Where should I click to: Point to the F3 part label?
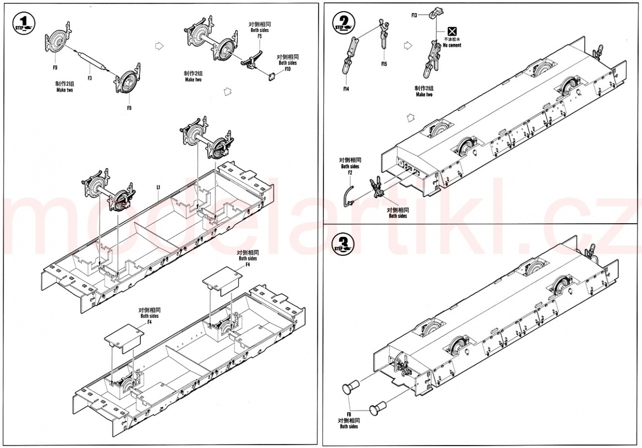[89, 78]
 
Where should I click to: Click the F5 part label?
[259, 36]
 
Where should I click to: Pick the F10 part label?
[287, 69]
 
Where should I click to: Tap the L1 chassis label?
[158, 187]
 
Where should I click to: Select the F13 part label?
[414, 16]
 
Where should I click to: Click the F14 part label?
[346, 89]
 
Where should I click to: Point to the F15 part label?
[384, 64]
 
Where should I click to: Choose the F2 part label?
[350, 172]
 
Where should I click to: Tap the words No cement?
[452, 45]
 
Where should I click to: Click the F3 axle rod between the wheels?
[91, 62]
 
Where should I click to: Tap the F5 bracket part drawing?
[253, 58]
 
